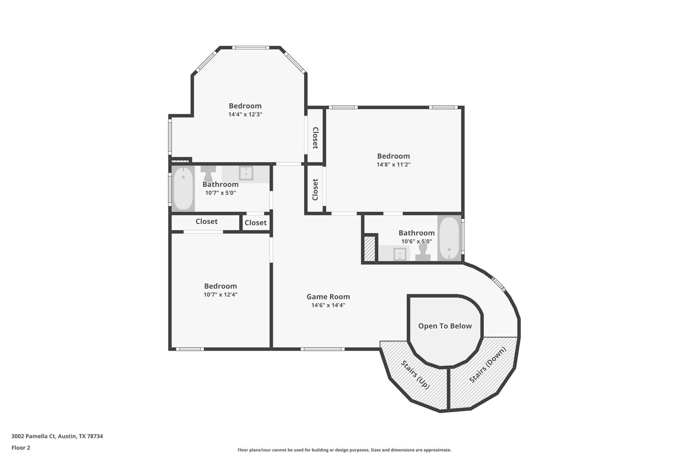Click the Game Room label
(x=328, y=297)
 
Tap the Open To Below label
(x=445, y=326)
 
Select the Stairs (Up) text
(x=415, y=375)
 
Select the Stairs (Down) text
(x=487, y=365)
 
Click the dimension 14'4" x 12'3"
(x=245, y=114)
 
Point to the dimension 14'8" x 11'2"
(x=393, y=165)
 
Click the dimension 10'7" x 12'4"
(x=220, y=295)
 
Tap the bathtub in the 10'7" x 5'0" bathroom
(x=183, y=188)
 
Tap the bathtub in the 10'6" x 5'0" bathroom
(x=449, y=238)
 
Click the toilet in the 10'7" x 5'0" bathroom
(x=208, y=174)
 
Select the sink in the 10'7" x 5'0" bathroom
(x=246, y=174)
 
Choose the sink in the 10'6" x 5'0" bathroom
(x=400, y=254)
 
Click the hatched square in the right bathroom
(x=370, y=248)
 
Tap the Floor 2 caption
(x=21, y=448)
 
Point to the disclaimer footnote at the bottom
(x=344, y=450)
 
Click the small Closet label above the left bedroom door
(x=255, y=223)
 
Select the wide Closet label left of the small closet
(x=206, y=222)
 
